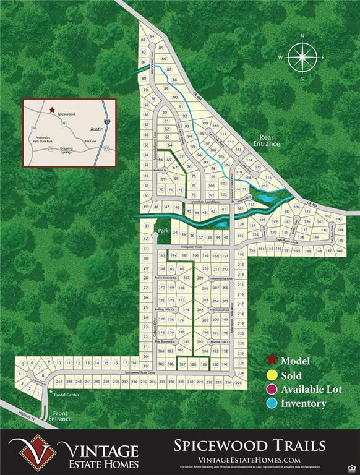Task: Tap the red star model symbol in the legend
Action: pos(270,361)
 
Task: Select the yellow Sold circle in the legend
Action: pos(270,375)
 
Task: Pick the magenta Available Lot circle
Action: pos(270,390)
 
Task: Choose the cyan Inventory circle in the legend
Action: pos(270,404)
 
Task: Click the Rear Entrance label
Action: pos(270,140)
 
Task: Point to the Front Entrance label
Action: pos(61,416)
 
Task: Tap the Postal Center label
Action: pos(67,395)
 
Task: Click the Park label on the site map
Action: pos(163,231)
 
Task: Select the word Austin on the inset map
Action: pos(96,129)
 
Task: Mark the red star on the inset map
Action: pos(52,108)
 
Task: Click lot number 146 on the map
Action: pos(338,250)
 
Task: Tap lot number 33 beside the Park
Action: pos(147,227)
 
